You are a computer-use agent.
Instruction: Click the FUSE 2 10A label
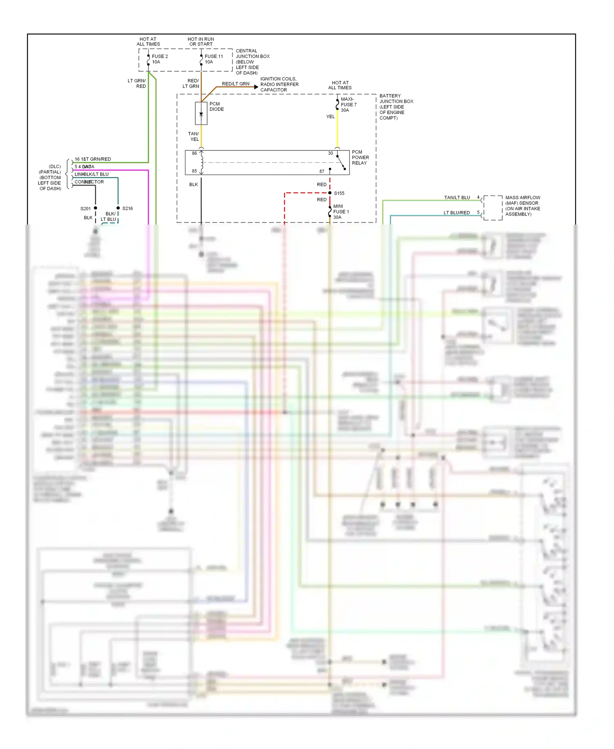click(x=160, y=59)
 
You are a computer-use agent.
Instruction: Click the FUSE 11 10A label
click(x=214, y=59)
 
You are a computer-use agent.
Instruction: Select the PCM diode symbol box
click(x=201, y=113)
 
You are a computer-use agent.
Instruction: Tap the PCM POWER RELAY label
click(x=360, y=157)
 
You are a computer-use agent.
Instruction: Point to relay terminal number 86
click(x=194, y=153)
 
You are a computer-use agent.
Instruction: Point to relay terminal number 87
click(x=322, y=171)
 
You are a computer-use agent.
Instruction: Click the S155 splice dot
click(x=330, y=193)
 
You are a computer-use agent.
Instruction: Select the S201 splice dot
click(x=95, y=208)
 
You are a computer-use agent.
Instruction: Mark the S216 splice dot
click(x=118, y=208)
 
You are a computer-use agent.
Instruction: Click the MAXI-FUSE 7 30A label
click(x=348, y=104)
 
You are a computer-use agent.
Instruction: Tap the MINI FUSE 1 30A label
click(x=341, y=212)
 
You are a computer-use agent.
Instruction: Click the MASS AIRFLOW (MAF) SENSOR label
click(x=522, y=206)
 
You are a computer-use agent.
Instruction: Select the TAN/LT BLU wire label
click(x=457, y=197)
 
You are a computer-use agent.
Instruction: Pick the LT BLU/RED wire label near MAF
click(x=456, y=213)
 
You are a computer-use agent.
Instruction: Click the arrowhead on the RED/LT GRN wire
click(x=256, y=87)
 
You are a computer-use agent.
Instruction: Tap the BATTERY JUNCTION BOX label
click(x=396, y=107)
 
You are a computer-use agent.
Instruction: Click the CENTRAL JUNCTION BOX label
click(x=252, y=62)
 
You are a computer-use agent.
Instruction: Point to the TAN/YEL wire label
click(x=194, y=136)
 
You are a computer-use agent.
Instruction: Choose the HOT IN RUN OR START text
click(x=201, y=41)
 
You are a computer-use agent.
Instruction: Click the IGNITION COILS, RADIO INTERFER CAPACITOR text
click(x=279, y=84)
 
